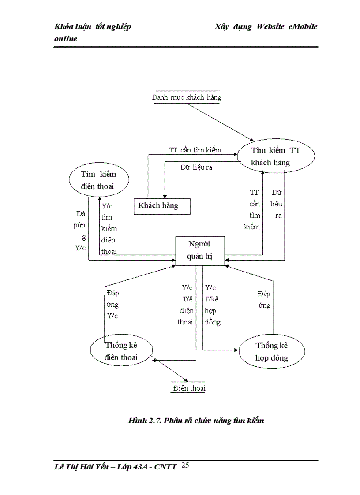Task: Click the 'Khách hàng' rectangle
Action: pos(162,206)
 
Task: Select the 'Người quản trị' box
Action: pos(200,251)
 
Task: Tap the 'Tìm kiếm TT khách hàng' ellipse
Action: pos(276,156)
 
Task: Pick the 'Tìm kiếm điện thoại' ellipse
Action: pos(99,180)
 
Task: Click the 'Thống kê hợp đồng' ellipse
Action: pos(271,351)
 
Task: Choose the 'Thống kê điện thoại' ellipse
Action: pos(120,351)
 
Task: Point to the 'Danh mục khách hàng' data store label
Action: pos(187,97)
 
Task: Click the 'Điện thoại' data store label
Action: pos(189,388)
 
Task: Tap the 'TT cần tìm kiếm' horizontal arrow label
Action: pos(195,150)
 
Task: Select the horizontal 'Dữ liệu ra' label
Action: pos(196,167)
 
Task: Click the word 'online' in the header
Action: pos(66,39)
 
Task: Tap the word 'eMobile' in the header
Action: pos(303,26)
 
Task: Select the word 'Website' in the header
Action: pos(270,26)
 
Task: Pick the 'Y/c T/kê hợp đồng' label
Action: pos(212,305)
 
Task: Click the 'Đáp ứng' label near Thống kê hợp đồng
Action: pos(264,300)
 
